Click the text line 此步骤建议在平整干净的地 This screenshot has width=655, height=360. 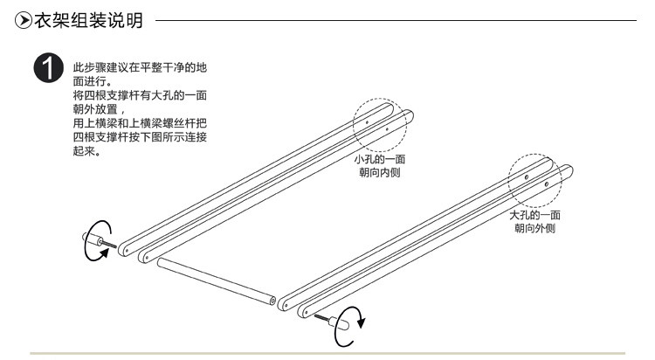point(141,68)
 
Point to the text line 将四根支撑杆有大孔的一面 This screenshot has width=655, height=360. point(141,94)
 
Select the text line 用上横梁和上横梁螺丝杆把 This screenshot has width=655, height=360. point(141,124)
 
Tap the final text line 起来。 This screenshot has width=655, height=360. point(87,151)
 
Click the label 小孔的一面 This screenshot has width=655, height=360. point(379,160)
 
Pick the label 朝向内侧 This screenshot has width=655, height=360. point(379,173)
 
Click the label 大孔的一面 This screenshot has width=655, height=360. point(534,215)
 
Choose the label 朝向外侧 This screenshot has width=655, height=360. point(534,228)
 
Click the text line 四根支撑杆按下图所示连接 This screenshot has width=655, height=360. point(141,138)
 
